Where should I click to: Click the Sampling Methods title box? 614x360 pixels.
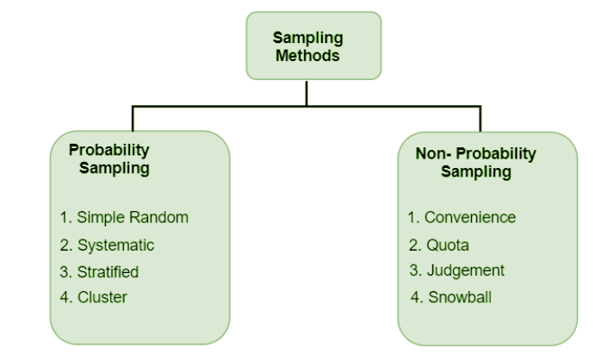(307, 45)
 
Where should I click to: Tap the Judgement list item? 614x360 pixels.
(457, 270)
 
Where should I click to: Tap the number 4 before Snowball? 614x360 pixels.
(415, 299)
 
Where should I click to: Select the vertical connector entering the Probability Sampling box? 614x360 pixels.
(132, 119)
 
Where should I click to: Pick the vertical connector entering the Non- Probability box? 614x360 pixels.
(481, 119)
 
